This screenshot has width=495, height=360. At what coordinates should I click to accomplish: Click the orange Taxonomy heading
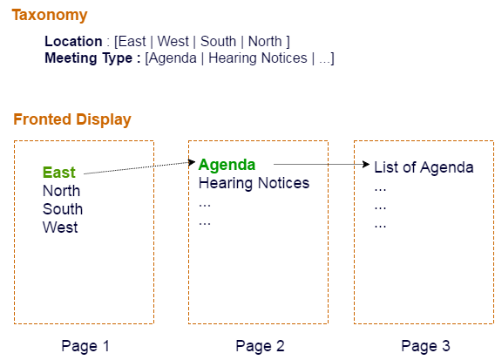point(50,16)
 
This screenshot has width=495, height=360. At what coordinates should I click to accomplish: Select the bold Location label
point(73,41)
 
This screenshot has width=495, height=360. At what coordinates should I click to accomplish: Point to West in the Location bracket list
point(173,41)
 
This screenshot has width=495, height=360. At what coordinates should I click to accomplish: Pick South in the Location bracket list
point(218,41)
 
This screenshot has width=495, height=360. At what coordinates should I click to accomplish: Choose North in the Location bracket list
point(265,41)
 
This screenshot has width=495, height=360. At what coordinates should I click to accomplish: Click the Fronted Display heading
point(72,119)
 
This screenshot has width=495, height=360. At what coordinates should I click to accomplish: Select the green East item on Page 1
point(59,173)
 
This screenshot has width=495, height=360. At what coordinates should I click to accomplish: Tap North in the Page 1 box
point(61,191)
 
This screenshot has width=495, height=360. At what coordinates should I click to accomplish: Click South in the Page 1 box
point(63,209)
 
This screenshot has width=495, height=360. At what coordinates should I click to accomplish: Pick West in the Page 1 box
point(60,228)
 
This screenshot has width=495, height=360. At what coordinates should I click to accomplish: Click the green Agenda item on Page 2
point(227,166)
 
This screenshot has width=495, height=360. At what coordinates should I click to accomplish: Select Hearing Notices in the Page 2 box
point(254,183)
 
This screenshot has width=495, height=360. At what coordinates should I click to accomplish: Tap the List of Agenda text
point(424,167)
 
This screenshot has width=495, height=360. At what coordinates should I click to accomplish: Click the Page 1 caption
point(85,346)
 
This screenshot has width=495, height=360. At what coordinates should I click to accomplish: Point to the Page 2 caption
point(260,346)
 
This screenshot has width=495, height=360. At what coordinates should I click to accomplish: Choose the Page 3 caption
point(425,346)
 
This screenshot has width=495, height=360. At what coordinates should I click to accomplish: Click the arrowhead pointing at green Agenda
point(192,162)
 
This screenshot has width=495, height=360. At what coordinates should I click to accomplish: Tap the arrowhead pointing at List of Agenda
point(366,164)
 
